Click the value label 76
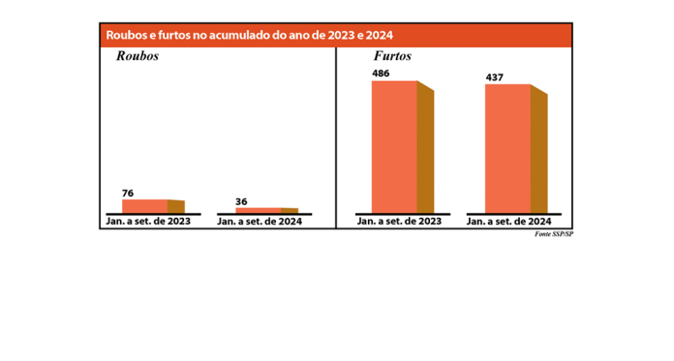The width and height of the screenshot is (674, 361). coord(128,194)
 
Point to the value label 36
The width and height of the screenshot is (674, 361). coord(241,201)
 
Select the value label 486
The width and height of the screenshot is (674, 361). coord(381,74)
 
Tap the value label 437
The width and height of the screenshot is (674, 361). coord(495,77)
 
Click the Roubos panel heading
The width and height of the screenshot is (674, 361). coord(137,56)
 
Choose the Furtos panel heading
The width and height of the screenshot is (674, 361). coord(392,56)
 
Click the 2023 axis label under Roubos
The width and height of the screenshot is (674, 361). coord(147,222)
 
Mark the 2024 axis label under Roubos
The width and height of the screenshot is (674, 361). coord(260,222)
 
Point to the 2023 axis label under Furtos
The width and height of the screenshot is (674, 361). coord(399,222)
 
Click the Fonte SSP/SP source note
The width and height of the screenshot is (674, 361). coord(554,233)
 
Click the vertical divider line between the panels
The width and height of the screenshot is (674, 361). coord(336,135)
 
